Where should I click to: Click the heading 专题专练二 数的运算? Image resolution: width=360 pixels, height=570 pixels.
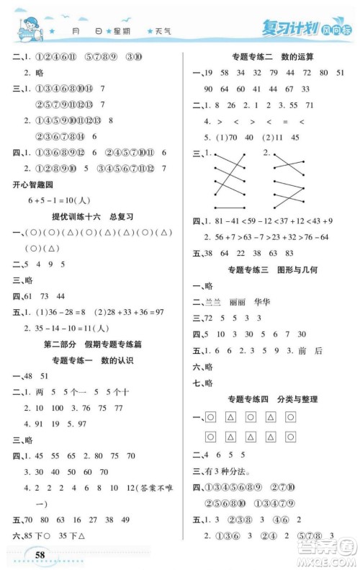click(x=269, y=57)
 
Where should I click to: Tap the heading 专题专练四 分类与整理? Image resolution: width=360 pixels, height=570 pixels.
click(x=269, y=398)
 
